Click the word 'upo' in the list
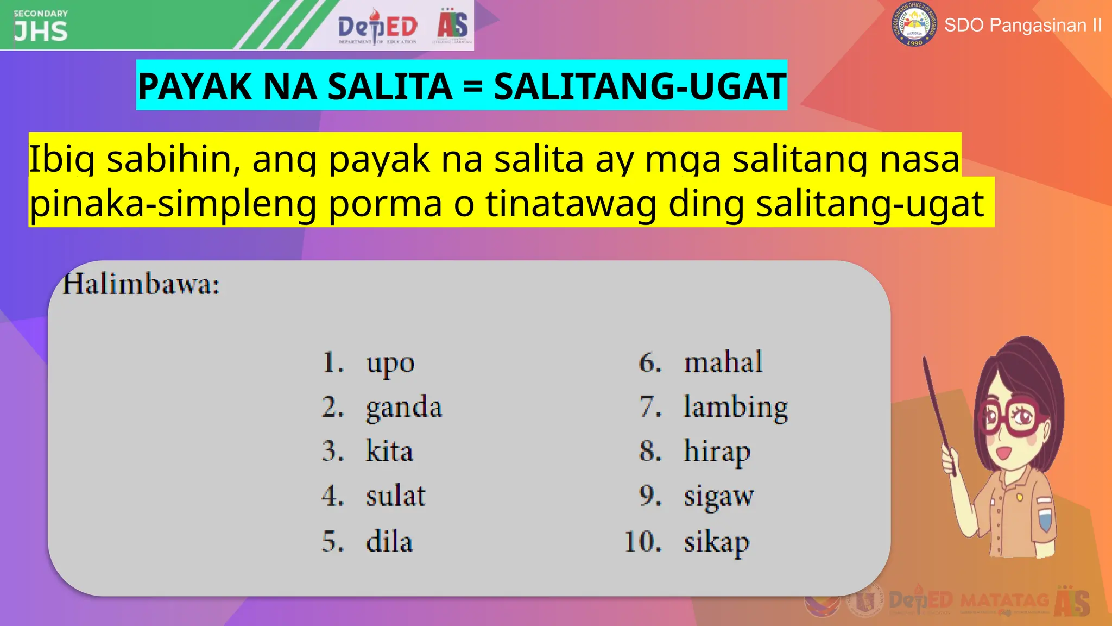point(390,363)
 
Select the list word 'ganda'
point(404,408)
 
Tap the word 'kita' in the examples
point(389,452)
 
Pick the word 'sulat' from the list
point(395,496)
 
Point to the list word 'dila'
point(389,541)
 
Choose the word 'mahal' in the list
point(723,362)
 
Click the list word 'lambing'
point(735,408)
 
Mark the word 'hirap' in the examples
point(717,452)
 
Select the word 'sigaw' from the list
point(718,497)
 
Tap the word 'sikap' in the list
point(716,542)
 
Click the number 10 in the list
point(643,542)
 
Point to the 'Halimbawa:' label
point(141,284)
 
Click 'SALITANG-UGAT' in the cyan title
point(640,86)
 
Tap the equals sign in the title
point(473,87)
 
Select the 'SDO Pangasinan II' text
point(1023,25)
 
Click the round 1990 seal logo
point(914,24)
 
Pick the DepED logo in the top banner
point(377,26)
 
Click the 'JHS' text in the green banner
point(41,32)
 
